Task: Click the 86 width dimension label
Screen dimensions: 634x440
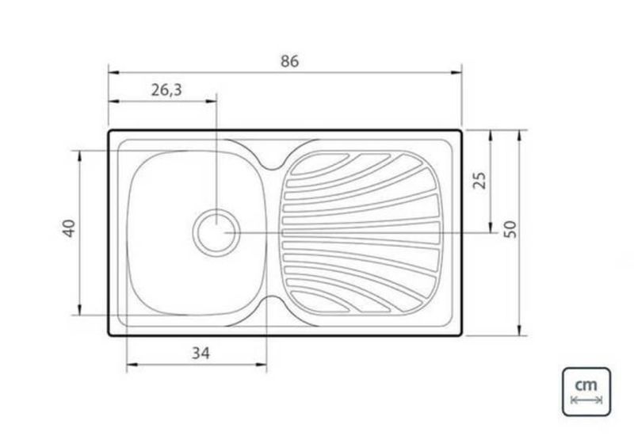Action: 289,62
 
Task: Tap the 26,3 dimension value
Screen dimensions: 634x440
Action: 166,90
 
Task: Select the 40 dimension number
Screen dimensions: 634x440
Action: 69,228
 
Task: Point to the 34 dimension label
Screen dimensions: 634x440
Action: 201,354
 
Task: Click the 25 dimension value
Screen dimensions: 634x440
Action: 480,181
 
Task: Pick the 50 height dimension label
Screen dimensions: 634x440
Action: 510,229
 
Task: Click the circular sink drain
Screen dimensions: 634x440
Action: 216,233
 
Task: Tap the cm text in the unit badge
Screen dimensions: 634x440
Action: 586,385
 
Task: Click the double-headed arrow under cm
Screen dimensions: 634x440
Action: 586,400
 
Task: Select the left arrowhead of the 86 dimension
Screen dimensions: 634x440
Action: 113,73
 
